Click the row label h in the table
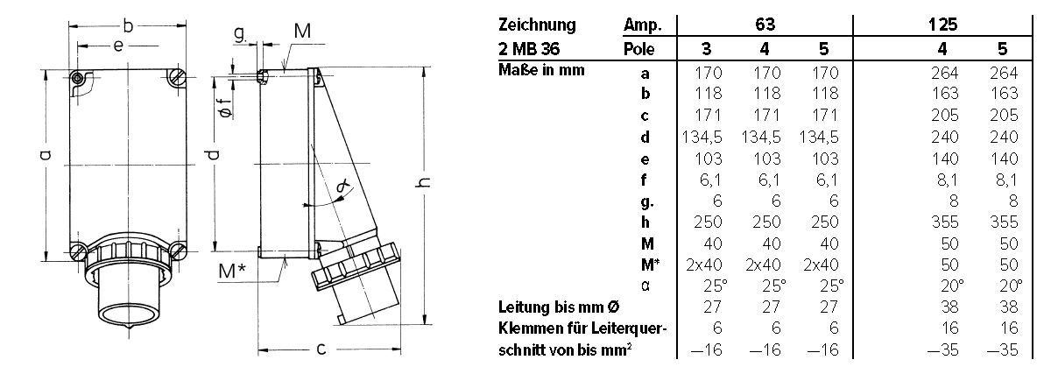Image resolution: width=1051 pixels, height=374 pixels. pos(645,222)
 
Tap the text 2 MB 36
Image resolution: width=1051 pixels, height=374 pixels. pos(525,49)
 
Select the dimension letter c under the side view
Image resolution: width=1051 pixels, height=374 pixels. pos(321,349)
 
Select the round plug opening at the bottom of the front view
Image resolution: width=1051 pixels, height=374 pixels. pos(128,301)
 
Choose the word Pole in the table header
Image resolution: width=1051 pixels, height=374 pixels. pos(639,49)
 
